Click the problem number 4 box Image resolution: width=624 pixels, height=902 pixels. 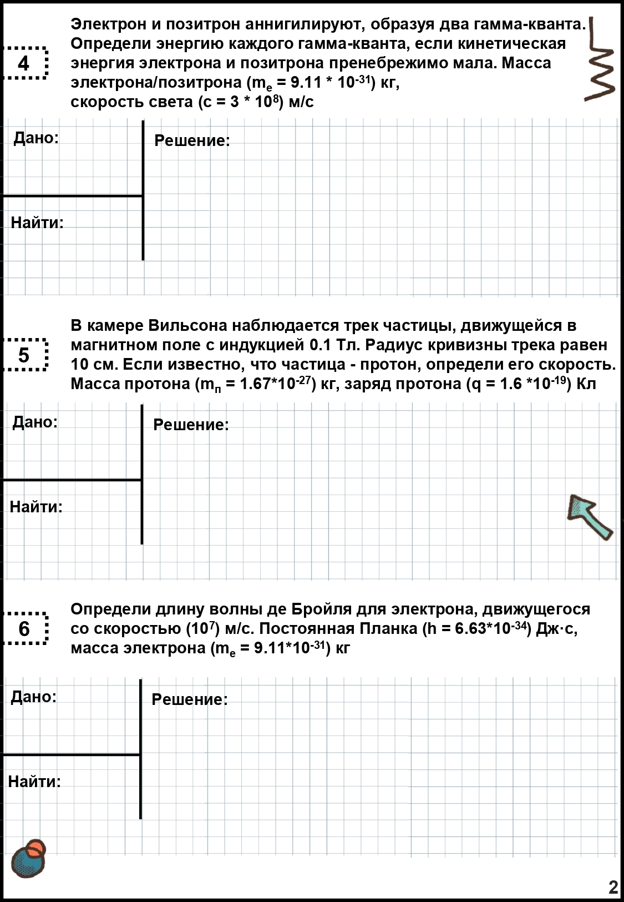(x=24, y=63)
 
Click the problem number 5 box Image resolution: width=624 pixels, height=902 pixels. (x=24, y=355)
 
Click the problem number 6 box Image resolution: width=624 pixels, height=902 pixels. (x=24, y=628)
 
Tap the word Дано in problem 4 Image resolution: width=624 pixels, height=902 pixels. (x=36, y=138)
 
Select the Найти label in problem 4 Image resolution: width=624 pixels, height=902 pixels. (x=37, y=223)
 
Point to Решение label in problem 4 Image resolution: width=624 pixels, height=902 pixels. (x=192, y=140)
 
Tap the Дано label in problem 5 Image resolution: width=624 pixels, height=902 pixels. (x=35, y=422)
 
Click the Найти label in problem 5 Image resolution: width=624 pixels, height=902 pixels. (x=36, y=506)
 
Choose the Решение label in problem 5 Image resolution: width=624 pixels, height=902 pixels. (x=191, y=425)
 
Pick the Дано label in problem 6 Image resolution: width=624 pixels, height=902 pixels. (x=34, y=696)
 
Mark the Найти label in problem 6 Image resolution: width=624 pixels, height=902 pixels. (x=34, y=781)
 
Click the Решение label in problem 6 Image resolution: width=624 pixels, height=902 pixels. (x=190, y=699)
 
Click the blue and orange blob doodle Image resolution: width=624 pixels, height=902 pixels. (x=29, y=858)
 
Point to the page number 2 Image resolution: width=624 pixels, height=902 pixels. (x=613, y=887)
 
